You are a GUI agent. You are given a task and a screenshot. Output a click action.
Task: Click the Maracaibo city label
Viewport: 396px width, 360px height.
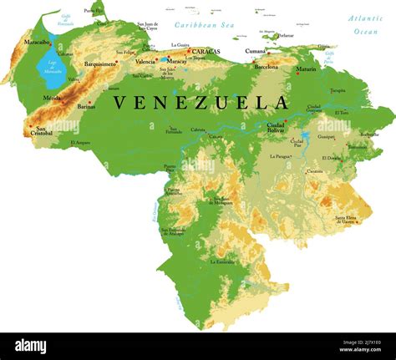[x=36, y=42]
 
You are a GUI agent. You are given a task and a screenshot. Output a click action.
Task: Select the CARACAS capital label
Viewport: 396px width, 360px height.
[x=206, y=52]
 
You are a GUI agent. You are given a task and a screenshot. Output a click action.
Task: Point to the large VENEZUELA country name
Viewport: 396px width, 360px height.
[x=201, y=103]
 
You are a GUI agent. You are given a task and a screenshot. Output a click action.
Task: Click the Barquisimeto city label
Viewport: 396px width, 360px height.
[x=100, y=63]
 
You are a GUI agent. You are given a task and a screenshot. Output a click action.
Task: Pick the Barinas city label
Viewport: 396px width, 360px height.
[x=86, y=106]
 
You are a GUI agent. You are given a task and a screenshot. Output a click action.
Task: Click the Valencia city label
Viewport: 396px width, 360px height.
[x=145, y=62]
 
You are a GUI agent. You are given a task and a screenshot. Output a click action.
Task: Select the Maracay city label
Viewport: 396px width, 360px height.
[x=176, y=61]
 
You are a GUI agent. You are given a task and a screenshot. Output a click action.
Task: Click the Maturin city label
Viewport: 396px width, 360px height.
[x=306, y=68]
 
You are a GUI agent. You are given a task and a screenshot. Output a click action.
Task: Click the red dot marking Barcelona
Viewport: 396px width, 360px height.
[x=255, y=61]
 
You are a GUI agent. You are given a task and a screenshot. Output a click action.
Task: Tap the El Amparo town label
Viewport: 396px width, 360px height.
[x=81, y=142]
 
